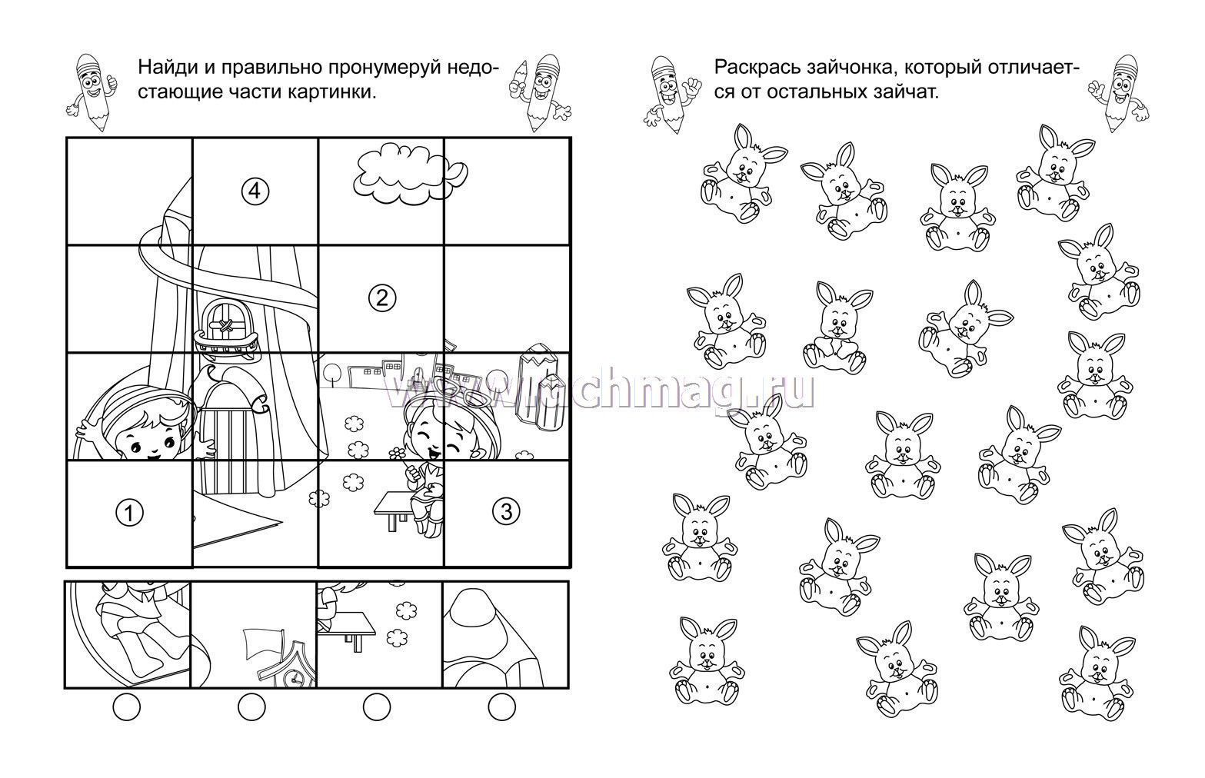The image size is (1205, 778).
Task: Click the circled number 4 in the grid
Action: point(255,191)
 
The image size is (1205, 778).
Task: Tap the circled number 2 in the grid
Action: point(382,298)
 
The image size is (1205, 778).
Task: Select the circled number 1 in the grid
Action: point(129,513)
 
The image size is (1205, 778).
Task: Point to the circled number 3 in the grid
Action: point(506,512)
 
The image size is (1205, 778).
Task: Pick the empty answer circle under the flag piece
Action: point(251,707)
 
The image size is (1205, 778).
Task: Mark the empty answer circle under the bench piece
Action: point(377,707)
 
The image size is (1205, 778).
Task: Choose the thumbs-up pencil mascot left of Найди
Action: point(92,91)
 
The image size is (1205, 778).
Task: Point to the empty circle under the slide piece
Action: point(126,707)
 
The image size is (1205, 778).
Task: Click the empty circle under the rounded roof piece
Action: point(502,707)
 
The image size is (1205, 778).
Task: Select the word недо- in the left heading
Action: point(472,68)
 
